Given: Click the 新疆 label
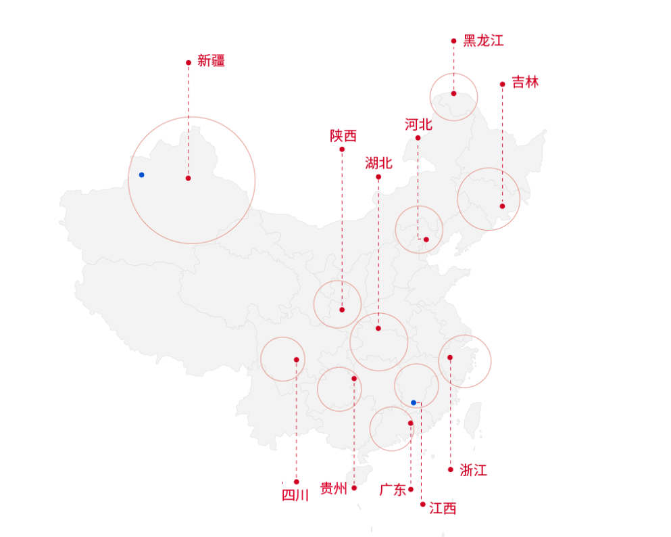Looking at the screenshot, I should [x=211, y=61].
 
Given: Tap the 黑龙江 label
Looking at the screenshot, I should [x=483, y=41].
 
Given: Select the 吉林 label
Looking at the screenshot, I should [x=525, y=83].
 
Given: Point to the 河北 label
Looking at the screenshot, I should [x=418, y=124].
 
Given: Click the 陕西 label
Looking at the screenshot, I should [x=343, y=136].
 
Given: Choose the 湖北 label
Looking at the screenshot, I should [x=378, y=163].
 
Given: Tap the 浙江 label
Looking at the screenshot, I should [x=473, y=470].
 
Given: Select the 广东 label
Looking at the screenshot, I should [x=393, y=490].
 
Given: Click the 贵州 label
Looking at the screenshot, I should [x=333, y=488].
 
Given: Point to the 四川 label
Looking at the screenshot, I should [x=295, y=495].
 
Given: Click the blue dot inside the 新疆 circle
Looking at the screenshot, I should [x=141, y=174].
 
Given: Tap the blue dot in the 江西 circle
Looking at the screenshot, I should [x=414, y=402].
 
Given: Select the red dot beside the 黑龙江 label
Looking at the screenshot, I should [x=454, y=41].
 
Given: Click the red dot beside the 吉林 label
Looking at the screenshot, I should [x=502, y=85].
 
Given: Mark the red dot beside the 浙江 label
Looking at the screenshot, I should [x=451, y=469].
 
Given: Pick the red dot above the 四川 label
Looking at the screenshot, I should [x=296, y=482].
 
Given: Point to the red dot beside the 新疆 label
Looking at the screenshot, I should [x=189, y=63].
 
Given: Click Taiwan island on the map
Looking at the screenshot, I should [x=474, y=418].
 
